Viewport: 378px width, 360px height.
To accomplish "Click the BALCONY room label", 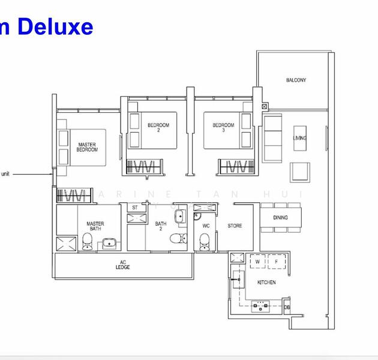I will (x=296, y=80).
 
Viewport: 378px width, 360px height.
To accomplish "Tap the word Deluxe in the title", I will (x=57, y=26).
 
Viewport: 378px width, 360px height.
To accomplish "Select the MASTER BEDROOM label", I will (x=87, y=147).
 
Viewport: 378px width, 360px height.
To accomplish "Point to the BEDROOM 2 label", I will (x=158, y=128).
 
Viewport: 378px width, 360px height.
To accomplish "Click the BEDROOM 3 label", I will (x=223, y=128).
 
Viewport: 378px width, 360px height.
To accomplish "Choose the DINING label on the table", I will (x=280, y=218).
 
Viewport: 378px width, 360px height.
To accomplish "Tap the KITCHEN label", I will (x=266, y=282).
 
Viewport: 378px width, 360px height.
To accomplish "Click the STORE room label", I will (x=235, y=226).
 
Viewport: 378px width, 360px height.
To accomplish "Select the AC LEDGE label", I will (x=123, y=265).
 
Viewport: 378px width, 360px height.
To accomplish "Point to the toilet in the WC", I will (x=203, y=241).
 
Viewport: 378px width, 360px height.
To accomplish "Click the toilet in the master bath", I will (x=87, y=241).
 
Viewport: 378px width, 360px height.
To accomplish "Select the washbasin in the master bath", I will (x=110, y=243).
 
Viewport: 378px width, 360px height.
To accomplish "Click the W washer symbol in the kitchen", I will (x=257, y=262).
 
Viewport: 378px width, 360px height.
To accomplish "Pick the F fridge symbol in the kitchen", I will (x=276, y=262).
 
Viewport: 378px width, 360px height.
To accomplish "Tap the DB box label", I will (x=287, y=308).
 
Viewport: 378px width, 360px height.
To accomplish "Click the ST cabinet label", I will (x=134, y=208).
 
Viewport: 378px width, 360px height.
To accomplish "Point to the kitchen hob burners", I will (x=260, y=307).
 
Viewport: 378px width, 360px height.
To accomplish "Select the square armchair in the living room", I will (x=300, y=172).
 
